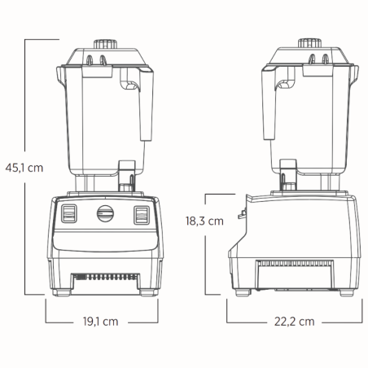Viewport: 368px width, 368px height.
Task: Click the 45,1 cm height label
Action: click(24, 168)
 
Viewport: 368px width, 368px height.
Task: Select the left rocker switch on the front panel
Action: click(69, 214)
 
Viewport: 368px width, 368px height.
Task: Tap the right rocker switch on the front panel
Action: click(142, 215)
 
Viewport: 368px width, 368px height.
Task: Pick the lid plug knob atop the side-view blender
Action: click(309, 43)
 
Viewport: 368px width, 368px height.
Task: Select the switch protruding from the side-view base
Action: click(241, 214)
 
